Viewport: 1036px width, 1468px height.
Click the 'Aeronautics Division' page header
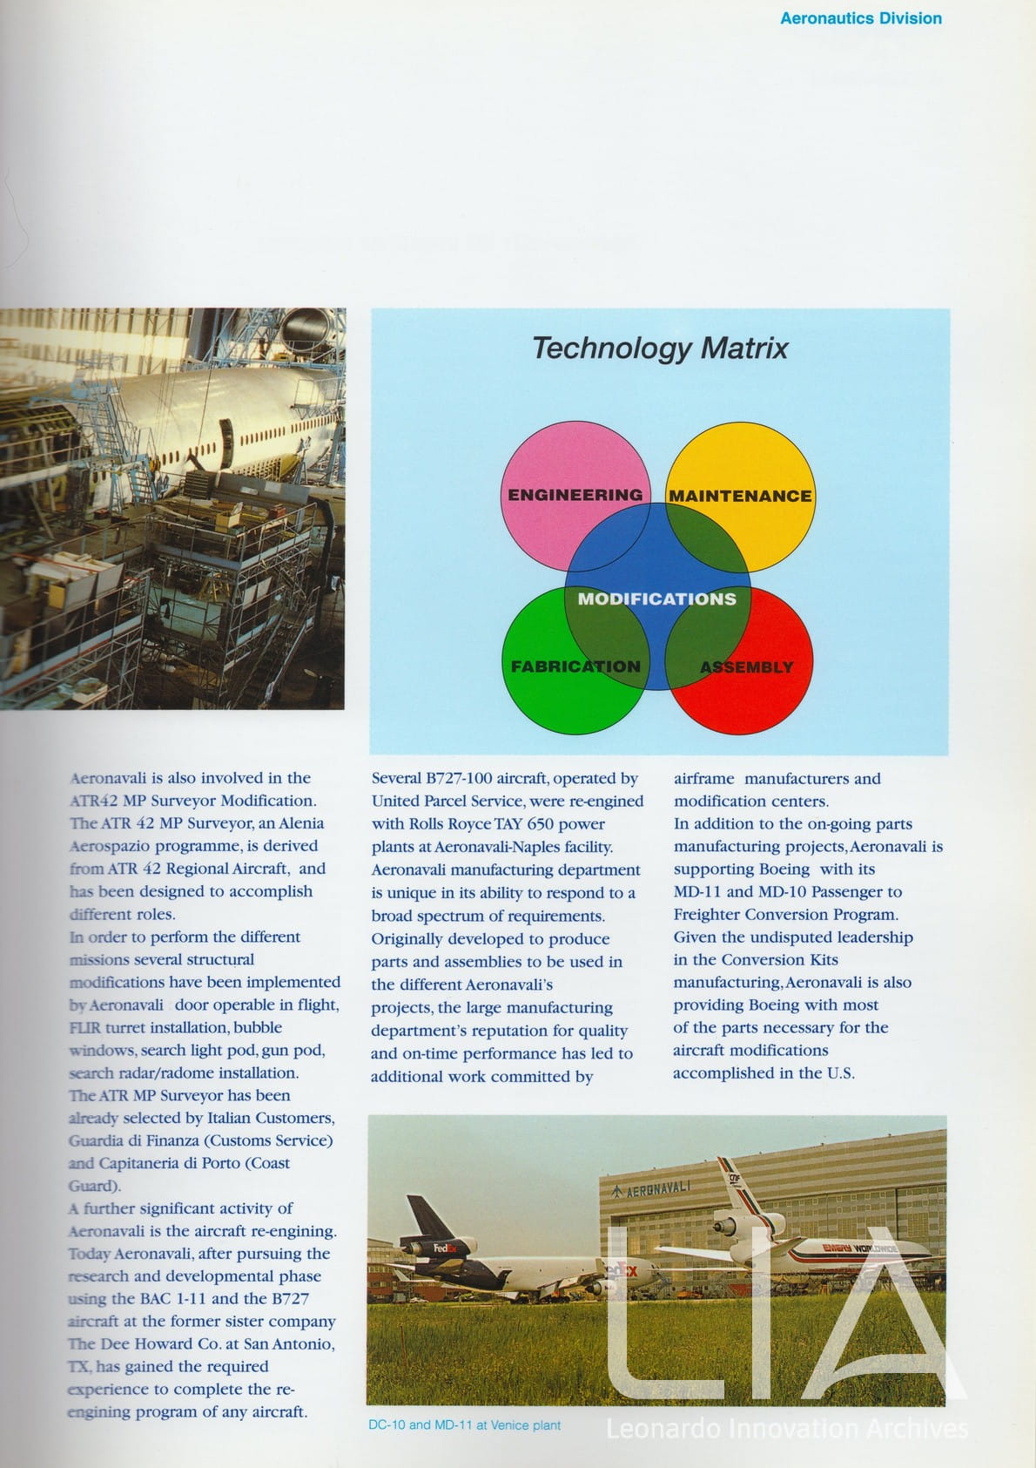[860, 18]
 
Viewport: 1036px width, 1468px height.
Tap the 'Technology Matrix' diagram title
[659, 348]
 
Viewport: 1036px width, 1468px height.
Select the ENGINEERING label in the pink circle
[575, 495]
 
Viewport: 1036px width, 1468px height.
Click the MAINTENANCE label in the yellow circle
[740, 496]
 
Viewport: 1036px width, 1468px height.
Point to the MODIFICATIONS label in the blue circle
[657, 599]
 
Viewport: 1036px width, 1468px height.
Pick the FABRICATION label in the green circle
[575, 666]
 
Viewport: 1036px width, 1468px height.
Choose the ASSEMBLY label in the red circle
[747, 667]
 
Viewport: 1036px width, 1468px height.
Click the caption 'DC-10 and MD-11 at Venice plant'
[464, 1425]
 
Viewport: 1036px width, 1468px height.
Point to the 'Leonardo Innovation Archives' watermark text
[786, 1430]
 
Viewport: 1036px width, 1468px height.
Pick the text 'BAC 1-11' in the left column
[172, 1299]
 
